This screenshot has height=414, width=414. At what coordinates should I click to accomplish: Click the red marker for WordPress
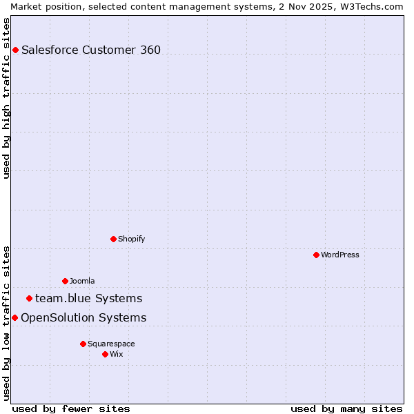point(316,255)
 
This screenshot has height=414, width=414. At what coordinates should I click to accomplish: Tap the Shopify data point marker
point(113,239)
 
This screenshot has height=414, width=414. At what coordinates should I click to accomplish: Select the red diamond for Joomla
point(65,281)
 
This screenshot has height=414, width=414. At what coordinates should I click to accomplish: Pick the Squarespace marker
point(83,344)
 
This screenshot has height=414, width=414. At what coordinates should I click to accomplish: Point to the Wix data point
point(105,354)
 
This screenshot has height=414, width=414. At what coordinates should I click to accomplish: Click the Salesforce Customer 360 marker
point(15,50)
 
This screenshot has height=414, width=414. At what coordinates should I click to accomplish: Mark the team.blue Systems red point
point(29,298)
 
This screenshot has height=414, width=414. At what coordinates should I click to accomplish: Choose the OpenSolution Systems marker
point(14,317)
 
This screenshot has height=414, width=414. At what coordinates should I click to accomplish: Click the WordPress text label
point(340,255)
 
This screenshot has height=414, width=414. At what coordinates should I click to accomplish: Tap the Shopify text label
point(131,239)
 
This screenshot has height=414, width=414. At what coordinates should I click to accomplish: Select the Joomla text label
point(82,281)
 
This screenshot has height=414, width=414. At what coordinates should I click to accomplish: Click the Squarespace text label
point(111,344)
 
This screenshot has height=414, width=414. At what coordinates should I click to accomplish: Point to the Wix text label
point(117,354)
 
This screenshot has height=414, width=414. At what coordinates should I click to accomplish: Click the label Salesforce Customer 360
point(91,50)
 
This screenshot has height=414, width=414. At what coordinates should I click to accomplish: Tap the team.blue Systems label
point(88,298)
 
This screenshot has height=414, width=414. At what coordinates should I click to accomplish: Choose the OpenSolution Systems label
point(83,317)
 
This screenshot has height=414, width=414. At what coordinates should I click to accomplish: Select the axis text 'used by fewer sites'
point(71,408)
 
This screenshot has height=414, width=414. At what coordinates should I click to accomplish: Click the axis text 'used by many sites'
point(346,408)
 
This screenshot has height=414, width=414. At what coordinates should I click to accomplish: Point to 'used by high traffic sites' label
point(6,98)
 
